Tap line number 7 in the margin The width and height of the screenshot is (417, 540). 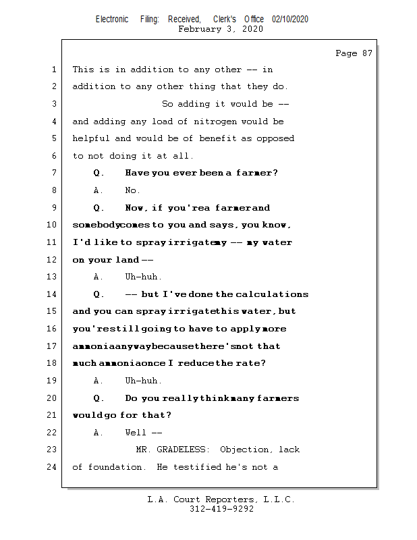pos(54,173)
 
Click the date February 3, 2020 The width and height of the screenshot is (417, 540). pos(221,29)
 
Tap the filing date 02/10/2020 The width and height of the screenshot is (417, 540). pos(290,20)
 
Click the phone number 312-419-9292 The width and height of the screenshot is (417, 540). pos(221,509)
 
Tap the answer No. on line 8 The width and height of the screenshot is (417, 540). pos(132,190)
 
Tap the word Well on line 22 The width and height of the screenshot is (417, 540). pos(136,433)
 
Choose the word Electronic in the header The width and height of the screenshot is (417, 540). pos(112,20)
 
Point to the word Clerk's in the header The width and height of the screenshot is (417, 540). pos(225,20)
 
